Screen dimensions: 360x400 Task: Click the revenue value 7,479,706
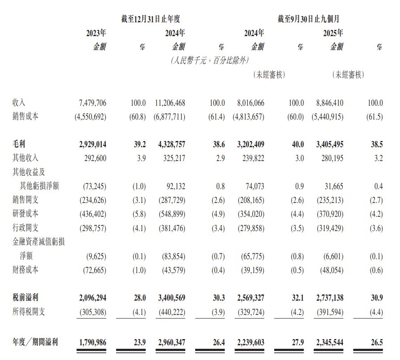92,103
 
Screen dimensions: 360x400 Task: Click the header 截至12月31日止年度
154,19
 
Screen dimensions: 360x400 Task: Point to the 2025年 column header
333,33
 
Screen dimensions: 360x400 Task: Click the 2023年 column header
96,33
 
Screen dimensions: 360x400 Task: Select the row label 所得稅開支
29,312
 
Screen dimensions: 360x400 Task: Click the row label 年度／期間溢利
35,342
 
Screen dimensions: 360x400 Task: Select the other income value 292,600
94,157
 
